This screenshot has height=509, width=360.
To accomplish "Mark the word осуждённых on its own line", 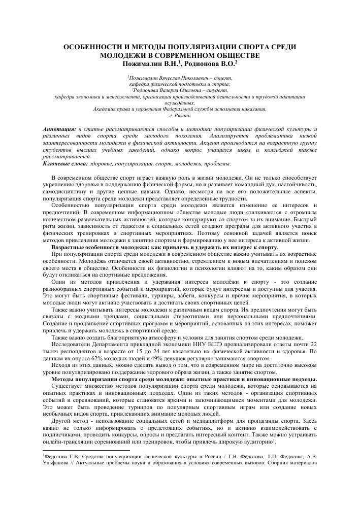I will click(180, 102).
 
